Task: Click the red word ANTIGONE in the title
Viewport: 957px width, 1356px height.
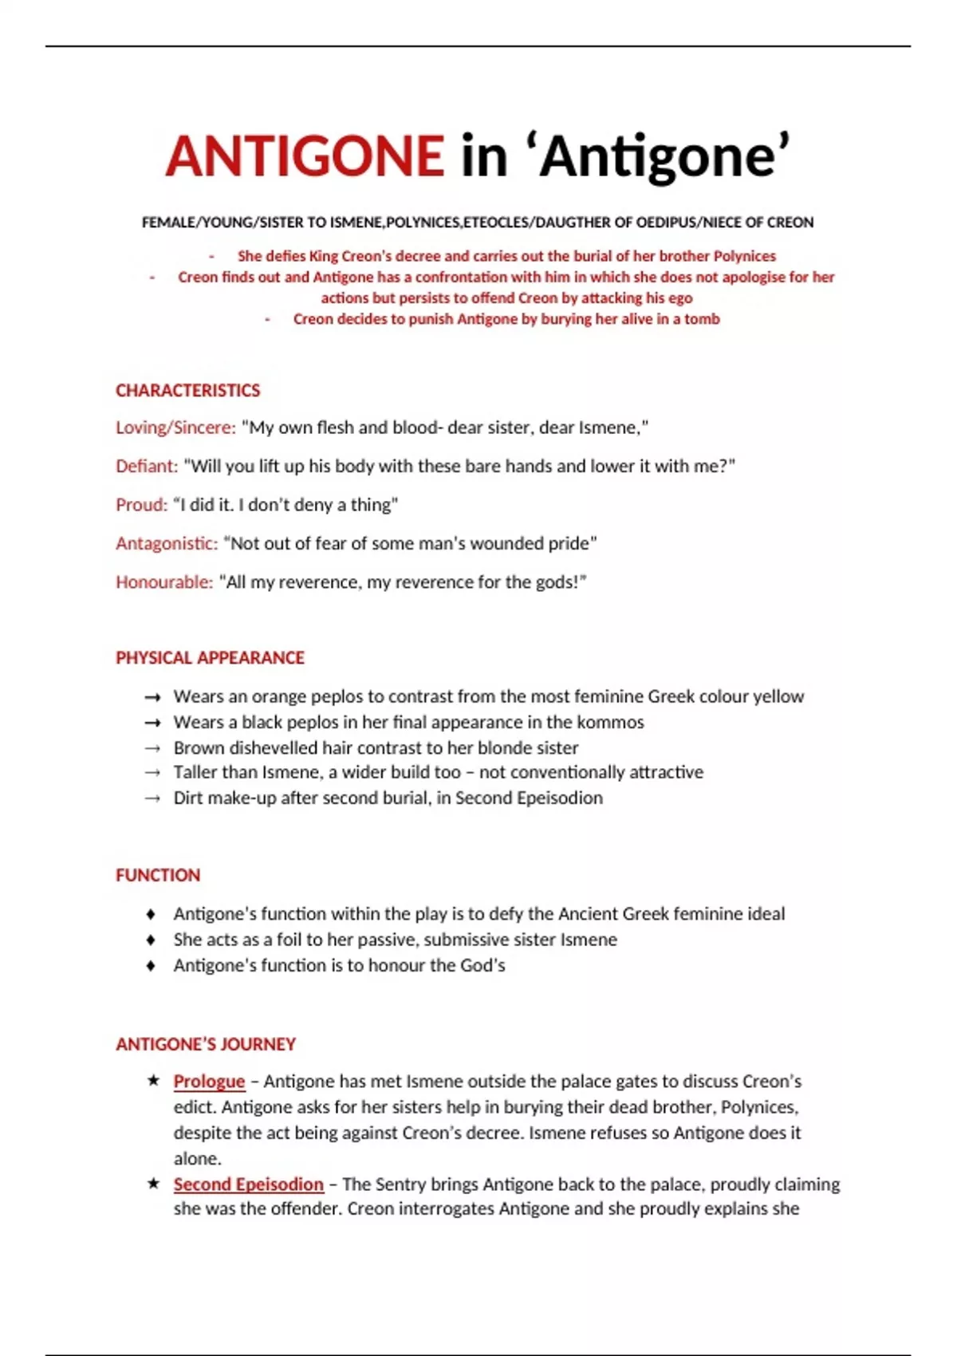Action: [305, 156]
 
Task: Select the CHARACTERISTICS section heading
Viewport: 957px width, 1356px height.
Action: [187, 390]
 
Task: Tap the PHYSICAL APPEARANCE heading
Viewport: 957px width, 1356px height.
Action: [210, 658]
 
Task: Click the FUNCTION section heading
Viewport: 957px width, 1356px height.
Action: [158, 875]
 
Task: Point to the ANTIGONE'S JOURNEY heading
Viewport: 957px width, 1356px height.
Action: [206, 1044]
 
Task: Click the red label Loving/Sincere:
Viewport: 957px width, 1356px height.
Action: [175, 428]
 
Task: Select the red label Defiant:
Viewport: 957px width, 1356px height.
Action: [147, 466]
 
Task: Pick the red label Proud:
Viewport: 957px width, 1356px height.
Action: [141, 505]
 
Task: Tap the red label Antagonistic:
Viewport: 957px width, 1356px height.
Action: [167, 543]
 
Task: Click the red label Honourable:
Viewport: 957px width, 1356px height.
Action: [164, 582]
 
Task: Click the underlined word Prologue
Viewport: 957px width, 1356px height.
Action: [209, 1082]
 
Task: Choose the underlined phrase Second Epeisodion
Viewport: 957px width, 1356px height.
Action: [249, 1185]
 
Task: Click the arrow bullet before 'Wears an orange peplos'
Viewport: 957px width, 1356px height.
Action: [152, 697]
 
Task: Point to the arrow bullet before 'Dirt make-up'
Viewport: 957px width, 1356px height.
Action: [152, 798]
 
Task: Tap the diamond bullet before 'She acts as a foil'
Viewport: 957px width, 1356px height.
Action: [152, 940]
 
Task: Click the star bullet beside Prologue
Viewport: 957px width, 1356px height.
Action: [153, 1081]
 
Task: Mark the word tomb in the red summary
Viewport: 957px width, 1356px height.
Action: [702, 319]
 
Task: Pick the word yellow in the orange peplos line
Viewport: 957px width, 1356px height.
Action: [778, 696]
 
